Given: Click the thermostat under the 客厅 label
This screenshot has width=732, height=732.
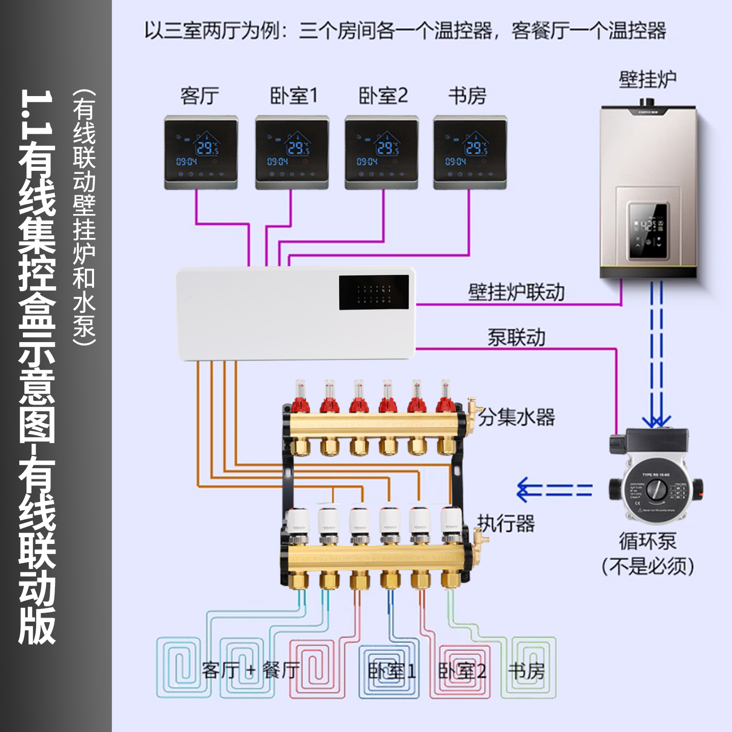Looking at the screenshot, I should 201,152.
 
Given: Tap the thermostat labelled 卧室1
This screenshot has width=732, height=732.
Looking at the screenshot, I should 292,152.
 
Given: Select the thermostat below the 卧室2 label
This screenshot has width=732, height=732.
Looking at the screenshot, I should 381,152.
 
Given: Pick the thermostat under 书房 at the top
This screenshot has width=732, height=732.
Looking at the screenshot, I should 470,152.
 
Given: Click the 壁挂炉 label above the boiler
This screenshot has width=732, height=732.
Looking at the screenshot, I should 647,80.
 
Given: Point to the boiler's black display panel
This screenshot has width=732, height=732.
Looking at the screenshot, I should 648,231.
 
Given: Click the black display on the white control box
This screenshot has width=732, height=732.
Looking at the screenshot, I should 374,292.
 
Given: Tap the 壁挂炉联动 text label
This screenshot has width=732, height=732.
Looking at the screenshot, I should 516,292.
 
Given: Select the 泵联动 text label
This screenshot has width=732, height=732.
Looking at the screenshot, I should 516,338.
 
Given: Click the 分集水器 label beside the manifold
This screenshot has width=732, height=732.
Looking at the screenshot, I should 516,417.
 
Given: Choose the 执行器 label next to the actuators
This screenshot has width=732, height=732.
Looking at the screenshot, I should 506,524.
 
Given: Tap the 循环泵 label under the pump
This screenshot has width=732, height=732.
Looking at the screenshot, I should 647,541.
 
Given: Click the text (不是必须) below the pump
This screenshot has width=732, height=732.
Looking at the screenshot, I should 648,566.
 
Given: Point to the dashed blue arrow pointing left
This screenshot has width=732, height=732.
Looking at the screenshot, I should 554,490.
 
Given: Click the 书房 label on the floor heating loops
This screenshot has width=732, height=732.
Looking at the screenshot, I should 526,671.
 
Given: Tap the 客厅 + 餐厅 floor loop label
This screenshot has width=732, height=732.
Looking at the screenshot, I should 250,670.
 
